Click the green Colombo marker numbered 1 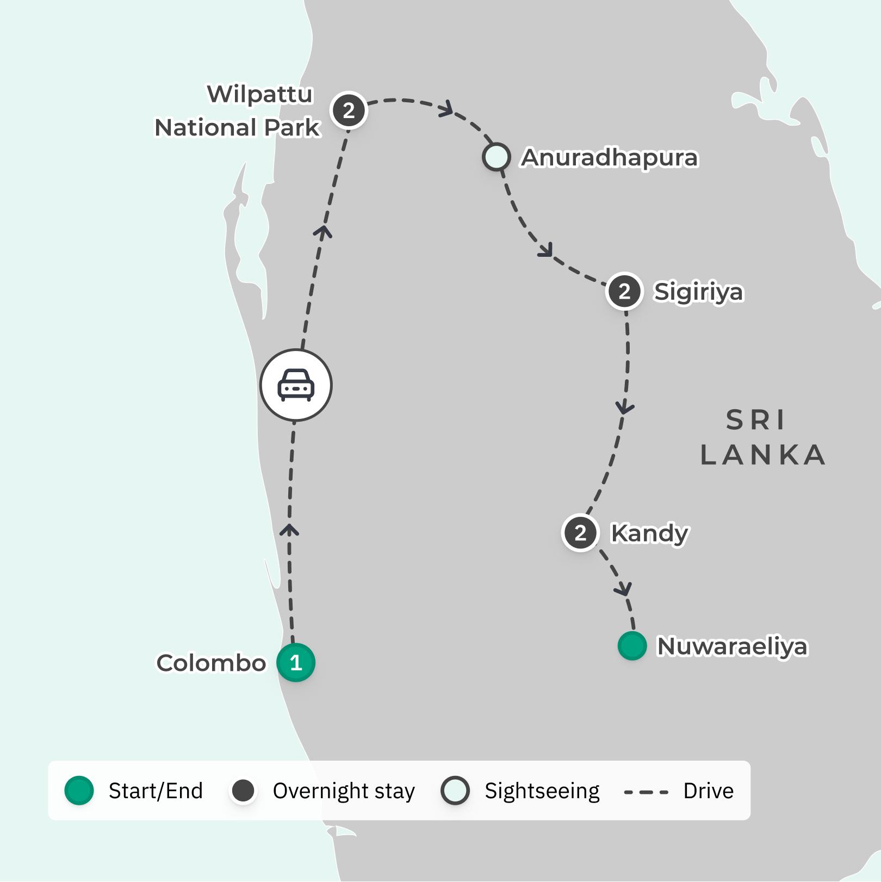coord(295,662)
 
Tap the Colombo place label coord(211,663)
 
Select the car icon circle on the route coord(296,385)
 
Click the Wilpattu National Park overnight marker coord(349,110)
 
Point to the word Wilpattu coord(260,94)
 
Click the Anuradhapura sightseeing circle coord(496,157)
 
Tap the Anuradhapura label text coord(609,158)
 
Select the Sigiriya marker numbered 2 coord(624,291)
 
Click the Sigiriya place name coord(698,292)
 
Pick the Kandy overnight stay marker coord(580,533)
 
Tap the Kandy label coord(649,533)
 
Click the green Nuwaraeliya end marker coord(632,646)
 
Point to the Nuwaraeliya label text coord(732,646)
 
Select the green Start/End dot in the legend coord(79,791)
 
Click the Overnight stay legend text coord(344,791)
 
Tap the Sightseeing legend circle coord(455,791)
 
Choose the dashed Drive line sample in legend coord(646,792)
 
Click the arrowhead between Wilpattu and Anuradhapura coord(447,109)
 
